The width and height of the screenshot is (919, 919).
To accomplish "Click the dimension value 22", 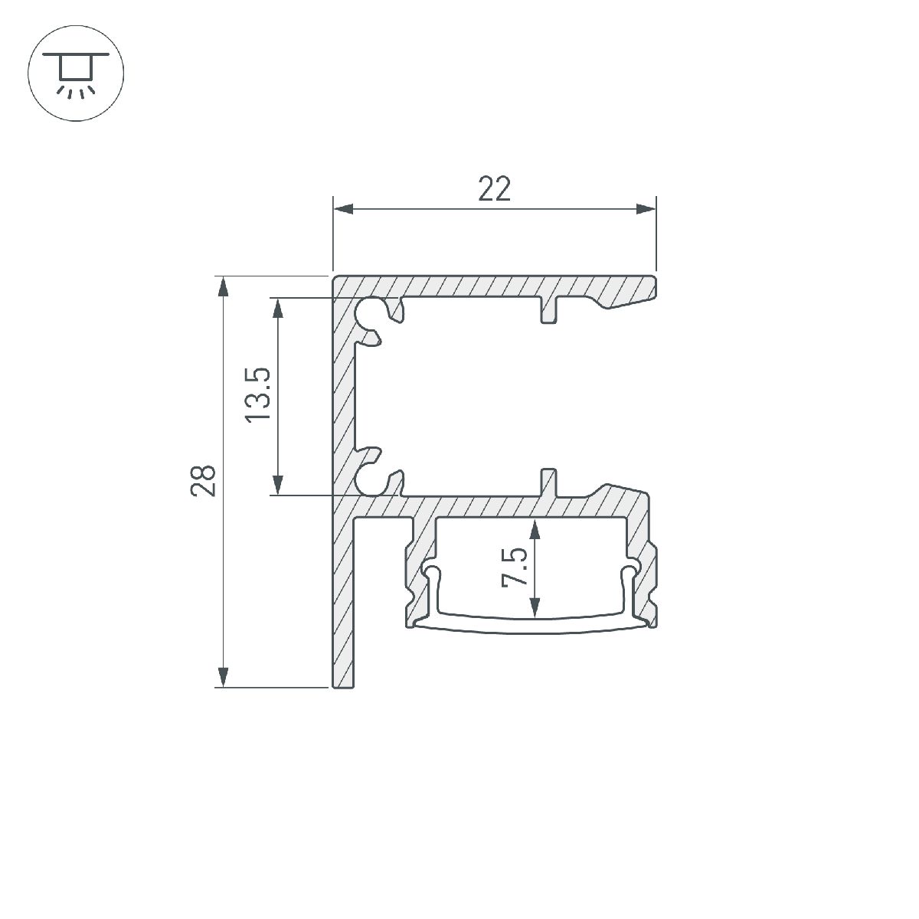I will click(494, 188).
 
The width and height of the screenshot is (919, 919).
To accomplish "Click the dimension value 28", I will click(204, 481).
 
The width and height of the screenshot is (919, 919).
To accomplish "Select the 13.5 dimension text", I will click(259, 394).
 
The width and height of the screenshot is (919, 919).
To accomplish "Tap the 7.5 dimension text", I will click(515, 567).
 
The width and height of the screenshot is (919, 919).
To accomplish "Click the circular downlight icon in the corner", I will click(76, 75).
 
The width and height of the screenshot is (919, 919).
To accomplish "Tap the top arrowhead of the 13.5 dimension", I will click(278, 307).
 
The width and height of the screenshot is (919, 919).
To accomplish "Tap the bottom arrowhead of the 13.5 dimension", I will click(278, 485).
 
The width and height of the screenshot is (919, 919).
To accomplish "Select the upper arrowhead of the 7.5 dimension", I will click(535, 528).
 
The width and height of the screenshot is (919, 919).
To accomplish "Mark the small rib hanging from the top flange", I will click(549, 310).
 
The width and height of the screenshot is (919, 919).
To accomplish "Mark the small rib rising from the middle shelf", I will click(549, 482).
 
